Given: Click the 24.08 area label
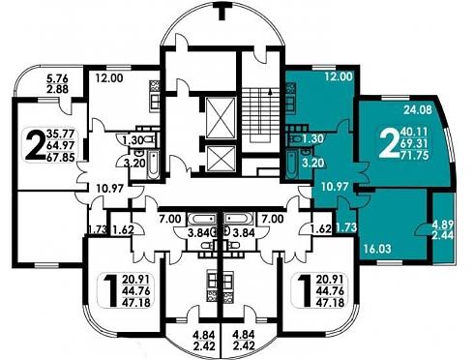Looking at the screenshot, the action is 417,110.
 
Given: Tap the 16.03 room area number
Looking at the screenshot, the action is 377,249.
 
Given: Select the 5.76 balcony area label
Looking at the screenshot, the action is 57,78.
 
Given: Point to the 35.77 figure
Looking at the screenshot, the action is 60,134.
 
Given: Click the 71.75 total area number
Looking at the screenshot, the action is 414,156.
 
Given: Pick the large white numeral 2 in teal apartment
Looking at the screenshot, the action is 388,144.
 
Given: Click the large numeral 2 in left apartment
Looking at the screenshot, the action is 35,145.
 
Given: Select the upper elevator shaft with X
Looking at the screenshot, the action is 221,118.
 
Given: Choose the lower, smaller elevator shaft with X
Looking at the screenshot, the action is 221,159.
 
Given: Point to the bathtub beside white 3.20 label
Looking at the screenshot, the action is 291,165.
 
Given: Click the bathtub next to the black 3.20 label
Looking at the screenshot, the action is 154,165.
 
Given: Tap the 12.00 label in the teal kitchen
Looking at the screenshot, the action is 339,77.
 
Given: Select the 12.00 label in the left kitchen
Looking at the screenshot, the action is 109,77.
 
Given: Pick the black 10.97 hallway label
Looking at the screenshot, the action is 110,188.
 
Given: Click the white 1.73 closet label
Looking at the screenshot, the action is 346,227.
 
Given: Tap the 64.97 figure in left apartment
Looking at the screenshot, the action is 61,145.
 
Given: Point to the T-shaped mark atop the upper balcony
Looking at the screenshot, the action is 222,11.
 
